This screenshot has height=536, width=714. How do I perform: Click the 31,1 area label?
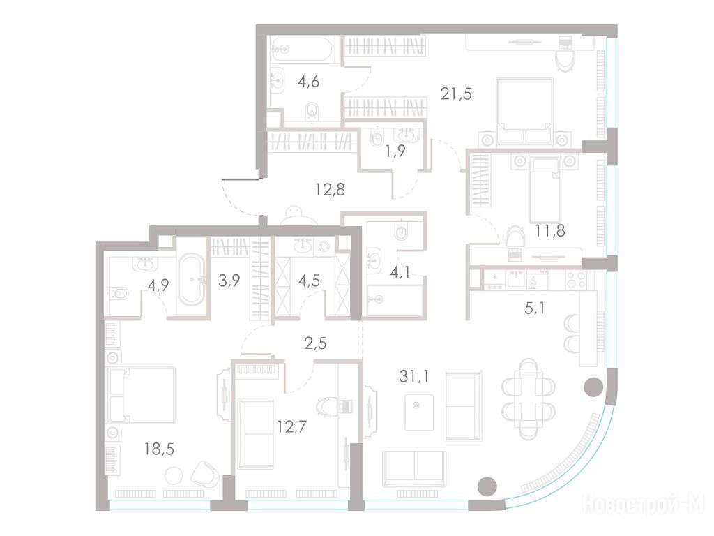[413, 376]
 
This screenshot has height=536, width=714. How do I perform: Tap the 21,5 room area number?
[456, 94]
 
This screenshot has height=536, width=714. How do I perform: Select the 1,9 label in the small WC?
[395, 151]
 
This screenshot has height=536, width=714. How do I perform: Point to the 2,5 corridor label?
[316, 343]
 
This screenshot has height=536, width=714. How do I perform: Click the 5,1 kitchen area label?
[535, 308]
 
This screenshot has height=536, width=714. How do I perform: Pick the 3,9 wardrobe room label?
[229, 281]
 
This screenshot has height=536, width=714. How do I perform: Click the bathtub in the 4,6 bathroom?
[303, 49]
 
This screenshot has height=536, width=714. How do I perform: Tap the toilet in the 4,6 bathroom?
[312, 111]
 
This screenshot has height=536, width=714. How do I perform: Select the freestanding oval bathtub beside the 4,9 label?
[192, 279]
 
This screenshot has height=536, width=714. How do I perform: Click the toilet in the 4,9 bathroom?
[117, 292]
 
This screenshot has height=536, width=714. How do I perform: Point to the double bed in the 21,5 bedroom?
[525, 112]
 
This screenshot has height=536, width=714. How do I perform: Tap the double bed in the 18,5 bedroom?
[141, 395]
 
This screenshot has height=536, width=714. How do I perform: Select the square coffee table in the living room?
[419, 412]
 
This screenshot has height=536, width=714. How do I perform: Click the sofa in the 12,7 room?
[255, 433]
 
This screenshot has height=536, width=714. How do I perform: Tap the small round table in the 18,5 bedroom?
[174, 476]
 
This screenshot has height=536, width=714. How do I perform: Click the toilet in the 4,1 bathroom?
[401, 232]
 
